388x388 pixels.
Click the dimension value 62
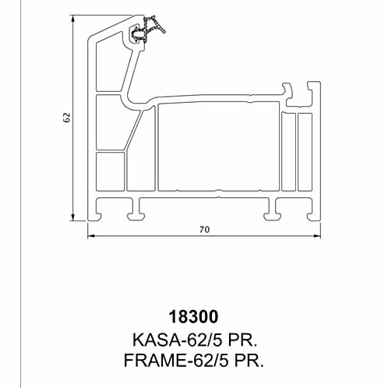(67, 118)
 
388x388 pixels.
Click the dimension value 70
(204, 230)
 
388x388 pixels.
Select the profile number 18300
(193, 316)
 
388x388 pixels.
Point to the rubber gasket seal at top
(146, 30)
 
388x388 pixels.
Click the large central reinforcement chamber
(219, 146)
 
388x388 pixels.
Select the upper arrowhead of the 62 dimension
(73, 19)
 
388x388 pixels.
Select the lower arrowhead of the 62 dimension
(73, 217)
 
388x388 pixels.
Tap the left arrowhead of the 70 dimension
(91, 236)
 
